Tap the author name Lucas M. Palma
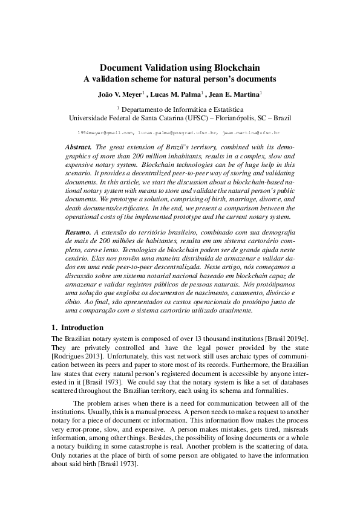176,94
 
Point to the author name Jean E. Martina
235,94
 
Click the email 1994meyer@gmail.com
105,131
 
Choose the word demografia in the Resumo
278,232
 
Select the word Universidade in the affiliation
93,117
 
